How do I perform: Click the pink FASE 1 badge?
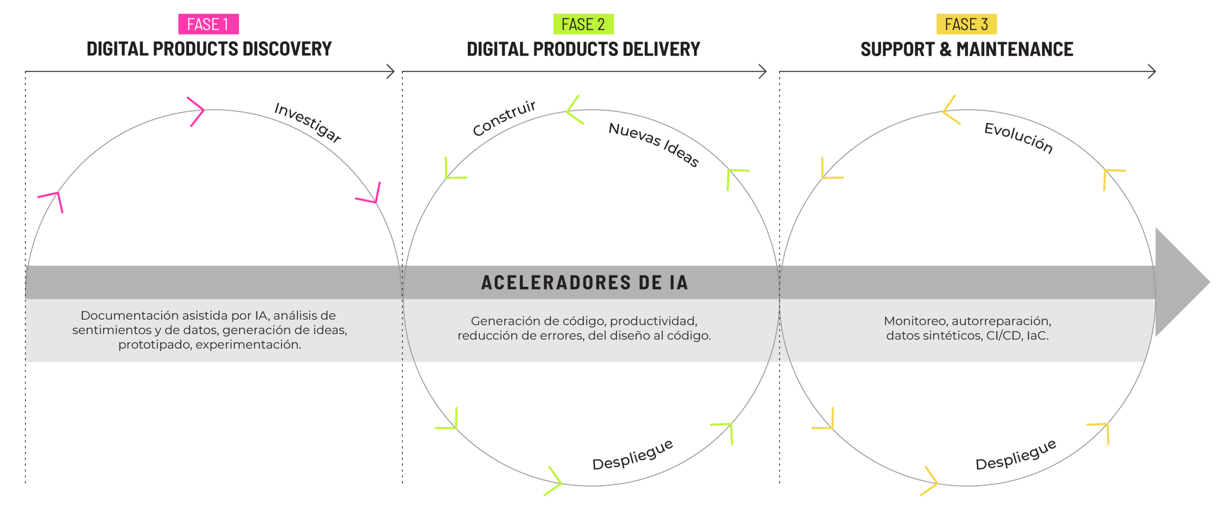(x=208, y=24)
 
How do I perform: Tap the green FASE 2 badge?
(x=583, y=24)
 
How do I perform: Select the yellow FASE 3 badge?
(x=966, y=24)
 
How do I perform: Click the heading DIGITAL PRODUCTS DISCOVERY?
(x=209, y=49)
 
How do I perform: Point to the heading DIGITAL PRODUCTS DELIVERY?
(x=583, y=49)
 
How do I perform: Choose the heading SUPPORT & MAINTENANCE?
(x=966, y=49)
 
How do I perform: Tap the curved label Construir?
(x=504, y=118)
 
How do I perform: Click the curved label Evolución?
(x=1018, y=138)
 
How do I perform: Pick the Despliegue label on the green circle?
(x=632, y=455)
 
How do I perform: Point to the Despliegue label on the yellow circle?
(x=1016, y=455)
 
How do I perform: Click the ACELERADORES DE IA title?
(x=584, y=283)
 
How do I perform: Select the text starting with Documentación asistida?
(x=209, y=330)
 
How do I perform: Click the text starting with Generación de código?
(x=584, y=328)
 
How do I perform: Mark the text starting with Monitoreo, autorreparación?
(x=967, y=328)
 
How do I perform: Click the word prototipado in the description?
(x=154, y=345)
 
